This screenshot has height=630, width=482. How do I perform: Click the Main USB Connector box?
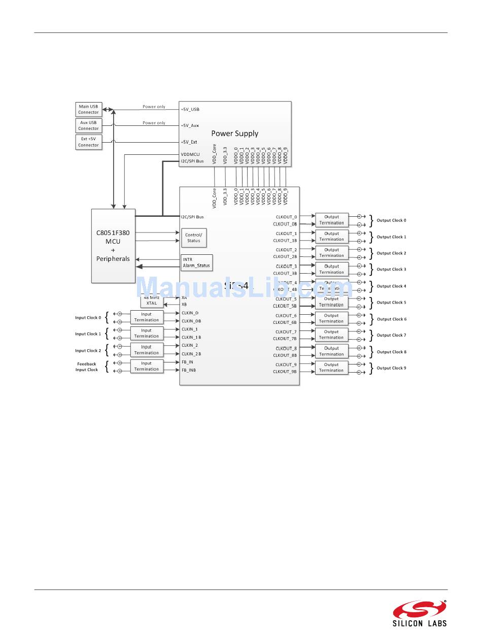88,109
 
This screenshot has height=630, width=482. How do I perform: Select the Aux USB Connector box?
88,125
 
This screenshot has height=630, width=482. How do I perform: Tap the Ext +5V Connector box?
88,142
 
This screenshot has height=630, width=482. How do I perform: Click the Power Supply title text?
234,134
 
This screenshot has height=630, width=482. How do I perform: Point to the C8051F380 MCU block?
113,246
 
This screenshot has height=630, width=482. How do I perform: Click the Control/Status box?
194,238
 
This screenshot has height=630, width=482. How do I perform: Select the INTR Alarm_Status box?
196,262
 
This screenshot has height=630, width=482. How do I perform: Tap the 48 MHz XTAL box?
152,301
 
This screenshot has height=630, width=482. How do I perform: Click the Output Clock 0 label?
391,220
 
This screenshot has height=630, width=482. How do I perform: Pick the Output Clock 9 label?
391,368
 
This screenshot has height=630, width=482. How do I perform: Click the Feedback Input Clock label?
87,367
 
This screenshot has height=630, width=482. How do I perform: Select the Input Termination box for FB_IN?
147,366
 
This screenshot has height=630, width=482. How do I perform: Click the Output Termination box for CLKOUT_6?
332,318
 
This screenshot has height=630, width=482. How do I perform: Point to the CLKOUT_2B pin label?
285,257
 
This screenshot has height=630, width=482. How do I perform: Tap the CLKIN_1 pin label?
190,329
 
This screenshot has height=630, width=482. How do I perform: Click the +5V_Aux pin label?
190,125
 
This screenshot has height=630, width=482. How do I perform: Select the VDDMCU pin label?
190,154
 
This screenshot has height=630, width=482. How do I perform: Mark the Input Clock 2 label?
88,350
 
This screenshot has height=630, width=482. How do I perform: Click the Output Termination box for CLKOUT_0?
332,220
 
